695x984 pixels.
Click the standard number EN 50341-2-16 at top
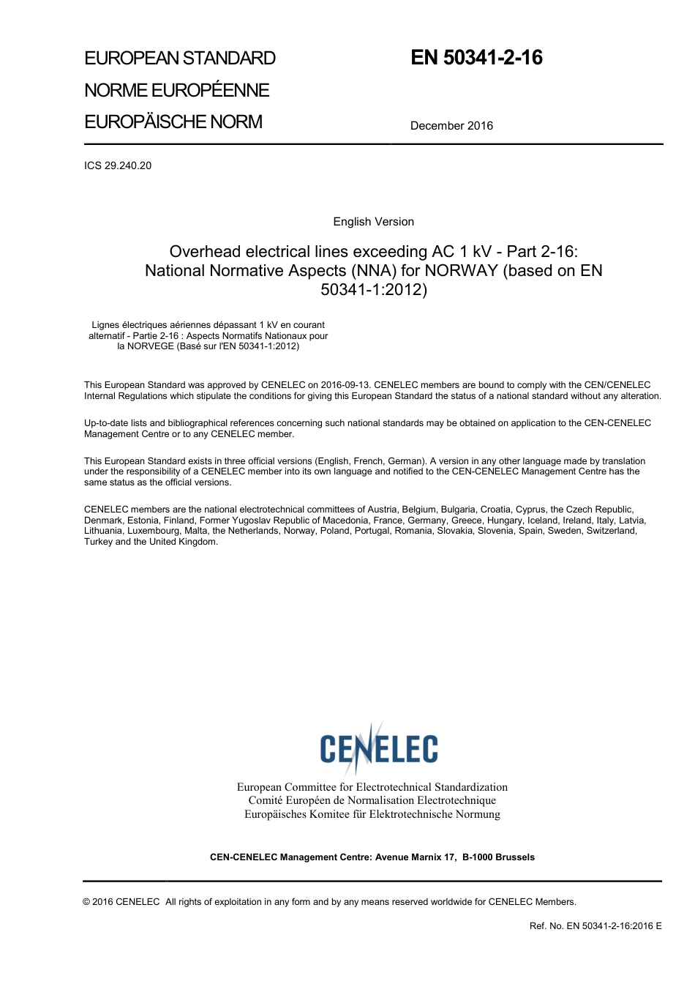pyautogui.click(x=476, y=58)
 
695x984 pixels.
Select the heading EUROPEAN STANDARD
pyautogui.click(x=180, y=59)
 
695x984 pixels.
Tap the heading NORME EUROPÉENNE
pyautogui.click(x=177, y=90)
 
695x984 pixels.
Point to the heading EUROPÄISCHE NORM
pyautogui.click(x=173, y=122)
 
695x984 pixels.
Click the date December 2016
pyautogui.click(x=451, y=126)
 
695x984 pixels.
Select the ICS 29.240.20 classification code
pyautogui.click(x=118, y=165)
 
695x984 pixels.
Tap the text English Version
pyautogui.click(x=373, y=222)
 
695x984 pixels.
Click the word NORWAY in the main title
pyautogui.click(x=461, y=271)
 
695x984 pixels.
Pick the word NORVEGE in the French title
pyautogui.click(x=146, y=346)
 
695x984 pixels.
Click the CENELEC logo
pyautogui.click(x=379, y=748)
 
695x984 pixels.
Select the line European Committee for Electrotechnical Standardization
pyautogui.click(x=372, y=787)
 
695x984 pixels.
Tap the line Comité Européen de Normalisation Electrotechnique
pyautogui.click(x=372, y=801)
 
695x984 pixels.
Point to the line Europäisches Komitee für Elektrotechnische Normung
pyautogui.click(x=372, y=814)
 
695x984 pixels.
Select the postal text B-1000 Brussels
pyautogui.click(x=498, y=857)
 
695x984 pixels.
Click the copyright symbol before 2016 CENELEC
pyautogui.click(x=87, y=902)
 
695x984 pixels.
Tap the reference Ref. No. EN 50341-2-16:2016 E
pyautogui.click(x=596, y=926)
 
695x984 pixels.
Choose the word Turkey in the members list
pyautogui.click(x=98, y=542)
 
